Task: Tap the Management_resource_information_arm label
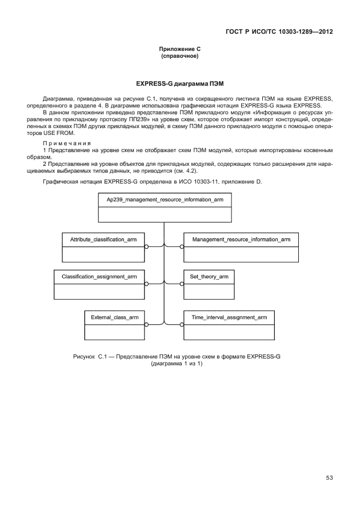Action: pyautogui.click(x=241, y=238)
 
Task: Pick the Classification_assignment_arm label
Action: pyautogui.click(x=99, y=277)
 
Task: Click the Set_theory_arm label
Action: pyautogui.click(x=209, y=277)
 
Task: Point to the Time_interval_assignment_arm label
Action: pyautogui.click(x=229, y=316)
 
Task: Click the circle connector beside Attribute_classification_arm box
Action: pyautogui.click(x=147, y=246)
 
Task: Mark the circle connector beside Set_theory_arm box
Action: pyautogui.click(x=182, y=284)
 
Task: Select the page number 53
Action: pyautogui.click(x=329, y=477)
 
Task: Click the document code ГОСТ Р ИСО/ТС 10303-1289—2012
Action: pyautogui.click(x=277, y=31)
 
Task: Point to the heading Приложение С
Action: pyautogui.click(x=179, y=50)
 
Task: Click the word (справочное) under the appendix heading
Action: pyautogui.click(x=179, y=57)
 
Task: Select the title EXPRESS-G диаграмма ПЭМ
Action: pyautogui.click(x=179, y=83)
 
